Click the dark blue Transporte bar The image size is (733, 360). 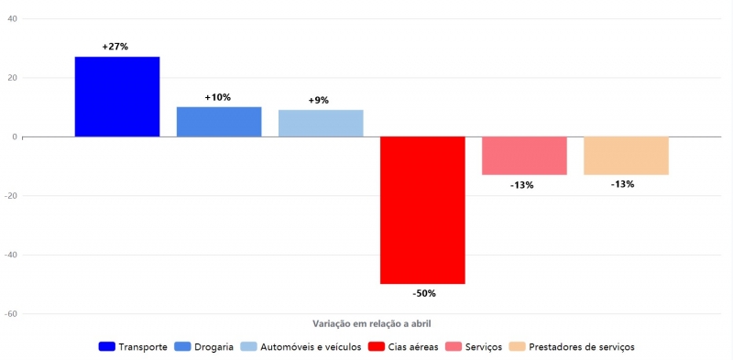click(x=117, y=96)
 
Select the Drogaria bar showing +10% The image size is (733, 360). click(x=219, y=122)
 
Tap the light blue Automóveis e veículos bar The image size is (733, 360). click(x=321, y=123)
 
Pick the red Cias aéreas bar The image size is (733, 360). click(x=422, y=210)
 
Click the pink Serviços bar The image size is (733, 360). click(x=524, y=156)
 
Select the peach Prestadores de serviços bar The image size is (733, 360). click(x=626, y=156)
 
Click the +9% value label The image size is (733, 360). click(x=318, y=100)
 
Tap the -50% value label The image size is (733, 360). click(x=423, y=294)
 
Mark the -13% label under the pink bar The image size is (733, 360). click(x=521, y=185)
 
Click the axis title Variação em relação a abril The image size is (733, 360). click(x=371, y=323)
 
